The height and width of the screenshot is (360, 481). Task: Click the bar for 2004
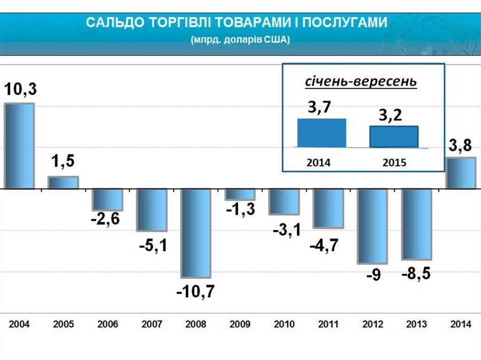[19, 146]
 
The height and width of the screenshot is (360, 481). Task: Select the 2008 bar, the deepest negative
[196, 233]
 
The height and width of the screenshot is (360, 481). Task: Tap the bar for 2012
[372, 226]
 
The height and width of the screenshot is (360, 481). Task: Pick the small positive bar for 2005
[63, 183]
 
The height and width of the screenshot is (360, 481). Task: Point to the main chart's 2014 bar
[461, 173]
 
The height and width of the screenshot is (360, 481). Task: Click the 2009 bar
[240, 194]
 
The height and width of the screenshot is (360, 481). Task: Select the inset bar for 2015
[394, 137]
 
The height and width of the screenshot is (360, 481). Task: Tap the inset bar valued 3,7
[322, 133]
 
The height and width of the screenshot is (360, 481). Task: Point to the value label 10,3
[20, 90]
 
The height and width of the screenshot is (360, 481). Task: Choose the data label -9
[373, 276]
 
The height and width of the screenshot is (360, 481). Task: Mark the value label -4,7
[324, 245]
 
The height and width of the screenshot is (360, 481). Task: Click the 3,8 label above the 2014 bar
[460, 146]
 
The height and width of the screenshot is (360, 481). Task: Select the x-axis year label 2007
[151, 324]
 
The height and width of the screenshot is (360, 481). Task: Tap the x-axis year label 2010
[284, 324]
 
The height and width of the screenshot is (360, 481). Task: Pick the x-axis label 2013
[417, 324]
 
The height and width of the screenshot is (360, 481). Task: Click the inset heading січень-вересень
[361, 82]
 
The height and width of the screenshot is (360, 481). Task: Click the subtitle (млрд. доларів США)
[240, 40]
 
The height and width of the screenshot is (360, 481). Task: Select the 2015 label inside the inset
[395, 163]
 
